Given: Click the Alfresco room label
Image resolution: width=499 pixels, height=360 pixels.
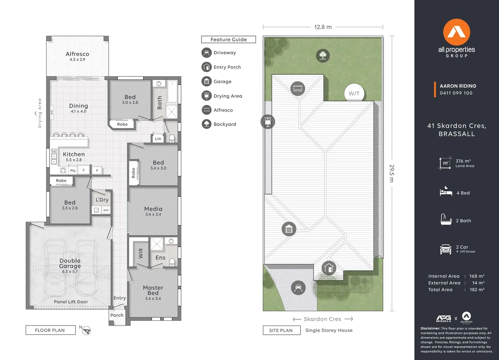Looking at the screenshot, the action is click(x=77, y=54).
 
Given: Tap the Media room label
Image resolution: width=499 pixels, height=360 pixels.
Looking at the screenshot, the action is click(x=153, y=209).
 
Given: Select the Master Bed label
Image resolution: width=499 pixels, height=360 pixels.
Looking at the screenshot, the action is click(x=153, y=290).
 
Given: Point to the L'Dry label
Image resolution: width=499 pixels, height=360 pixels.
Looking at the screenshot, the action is click(x=102, y=200).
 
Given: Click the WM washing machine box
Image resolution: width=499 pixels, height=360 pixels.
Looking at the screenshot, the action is click(x=106, y=210).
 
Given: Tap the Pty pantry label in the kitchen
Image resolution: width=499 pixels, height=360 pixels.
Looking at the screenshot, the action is click(x=73, y=171).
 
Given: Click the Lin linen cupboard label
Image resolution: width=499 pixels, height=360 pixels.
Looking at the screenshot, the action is click(x=158, y=139).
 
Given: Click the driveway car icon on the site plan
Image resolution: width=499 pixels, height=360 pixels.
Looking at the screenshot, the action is click(x=298, y=288).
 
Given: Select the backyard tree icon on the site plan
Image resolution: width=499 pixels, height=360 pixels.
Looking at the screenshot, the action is click(x=323, y=55).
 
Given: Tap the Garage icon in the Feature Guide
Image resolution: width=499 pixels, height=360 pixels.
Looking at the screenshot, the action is click(x=206, y=81).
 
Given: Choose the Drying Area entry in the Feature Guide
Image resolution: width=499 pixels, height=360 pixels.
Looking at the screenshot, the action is click(x=222, y=96).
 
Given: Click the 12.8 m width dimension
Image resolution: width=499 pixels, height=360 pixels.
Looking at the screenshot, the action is click(x=323, y=27).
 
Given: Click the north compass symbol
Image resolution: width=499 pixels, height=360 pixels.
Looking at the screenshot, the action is click(x=86, y=331).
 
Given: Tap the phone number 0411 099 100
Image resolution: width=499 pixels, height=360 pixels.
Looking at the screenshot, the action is click(x=456, y=93).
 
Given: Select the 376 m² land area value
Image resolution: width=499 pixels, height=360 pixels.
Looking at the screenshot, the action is click(x=463, y=161).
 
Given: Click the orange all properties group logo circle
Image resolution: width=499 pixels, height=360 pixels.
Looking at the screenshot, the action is click(x=457, y=32).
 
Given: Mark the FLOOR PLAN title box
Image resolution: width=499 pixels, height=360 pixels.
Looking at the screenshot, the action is click(x=51, y=330).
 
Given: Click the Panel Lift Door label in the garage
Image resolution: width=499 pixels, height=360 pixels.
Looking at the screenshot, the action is click(x=71, y=302).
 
